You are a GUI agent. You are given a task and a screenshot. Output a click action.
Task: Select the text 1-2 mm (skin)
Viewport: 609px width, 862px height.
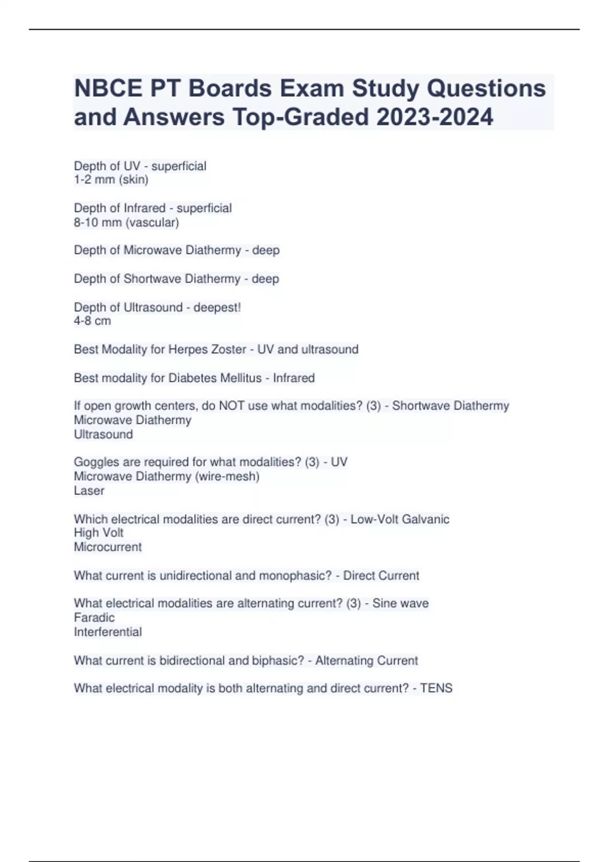pos(111,179)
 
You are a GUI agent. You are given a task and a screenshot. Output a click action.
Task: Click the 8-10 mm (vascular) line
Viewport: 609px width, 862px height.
pos(126,222)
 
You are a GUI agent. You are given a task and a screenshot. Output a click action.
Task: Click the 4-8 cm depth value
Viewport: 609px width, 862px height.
pos(92,321)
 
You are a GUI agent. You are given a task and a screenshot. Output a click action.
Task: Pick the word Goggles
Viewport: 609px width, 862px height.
pos(95,462)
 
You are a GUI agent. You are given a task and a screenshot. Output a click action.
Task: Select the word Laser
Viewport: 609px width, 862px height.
pos(89,490)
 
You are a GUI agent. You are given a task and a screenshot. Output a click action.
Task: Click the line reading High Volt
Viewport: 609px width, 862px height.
pos(98,533)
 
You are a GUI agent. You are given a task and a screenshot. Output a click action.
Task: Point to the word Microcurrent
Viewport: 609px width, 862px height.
pos(108,547)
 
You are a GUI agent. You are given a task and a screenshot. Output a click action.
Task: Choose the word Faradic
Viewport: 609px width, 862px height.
pos(94,618)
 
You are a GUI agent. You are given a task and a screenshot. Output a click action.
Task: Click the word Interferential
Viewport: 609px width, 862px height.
pos(108,632)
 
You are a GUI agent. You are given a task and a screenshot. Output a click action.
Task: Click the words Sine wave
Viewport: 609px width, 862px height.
pos(400,603)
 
